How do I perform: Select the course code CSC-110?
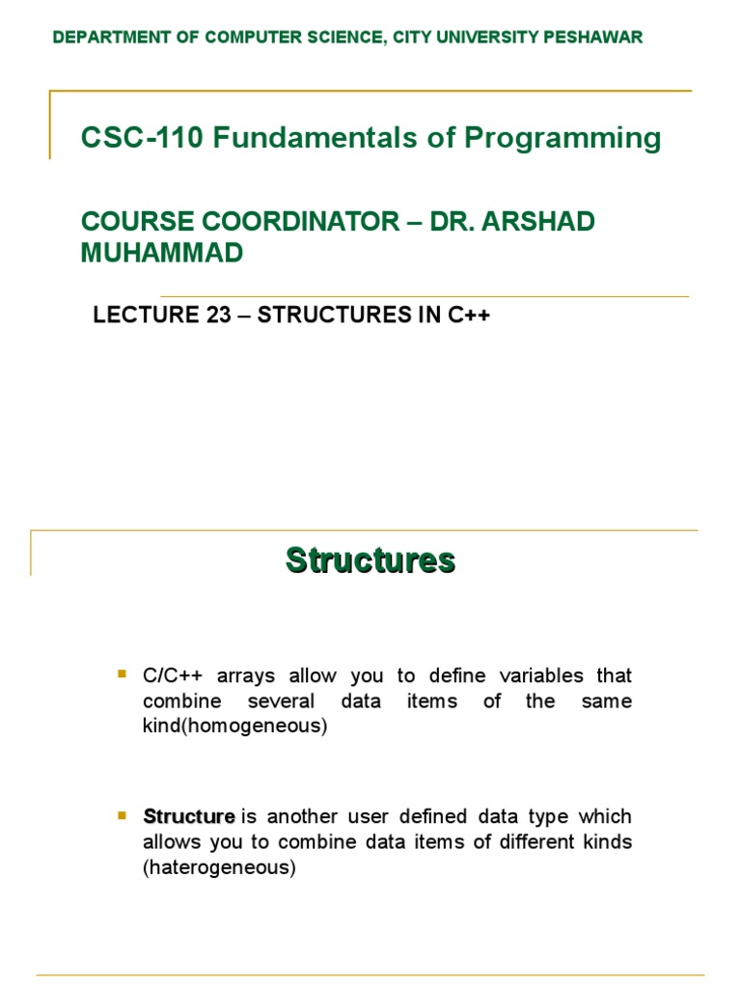[143, 138]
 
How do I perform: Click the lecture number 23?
[213, 316]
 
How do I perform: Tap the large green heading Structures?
[370, 560]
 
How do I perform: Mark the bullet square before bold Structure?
[122, 815]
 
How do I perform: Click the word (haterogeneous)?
[218, 867]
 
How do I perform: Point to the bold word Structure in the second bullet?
[189, 817]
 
